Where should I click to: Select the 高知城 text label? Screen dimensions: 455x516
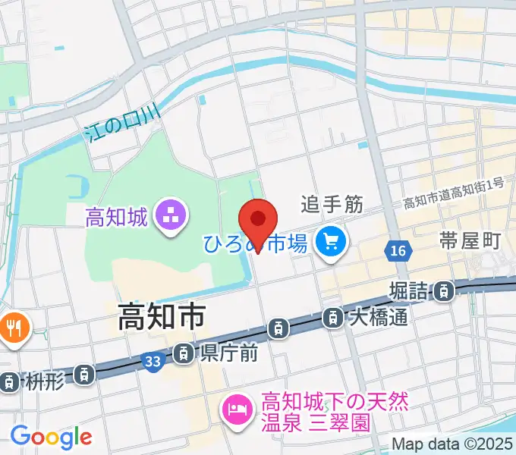[115, 218]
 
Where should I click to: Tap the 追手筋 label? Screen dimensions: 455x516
[332, 203]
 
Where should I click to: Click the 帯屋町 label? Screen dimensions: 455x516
[470, 241]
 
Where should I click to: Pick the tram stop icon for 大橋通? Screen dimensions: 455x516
[332, 318]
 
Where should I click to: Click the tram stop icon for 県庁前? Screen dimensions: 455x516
[184, 353]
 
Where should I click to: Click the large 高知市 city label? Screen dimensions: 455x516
[162, 317]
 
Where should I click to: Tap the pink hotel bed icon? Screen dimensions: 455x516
[235, 410]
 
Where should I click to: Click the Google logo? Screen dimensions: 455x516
[51, 437]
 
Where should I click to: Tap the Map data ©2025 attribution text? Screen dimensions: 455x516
[453, 444]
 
